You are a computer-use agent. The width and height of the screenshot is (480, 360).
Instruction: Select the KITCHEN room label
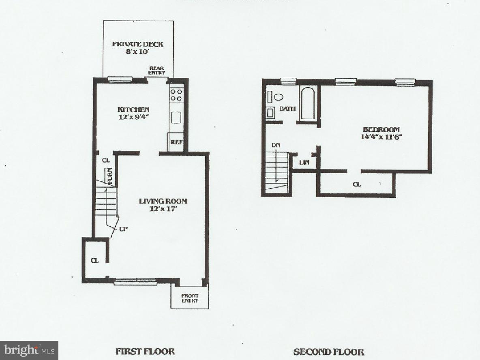point(133,109)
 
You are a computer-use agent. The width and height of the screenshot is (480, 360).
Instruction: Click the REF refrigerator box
point(176,142)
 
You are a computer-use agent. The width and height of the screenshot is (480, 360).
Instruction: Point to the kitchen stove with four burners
point(176,95)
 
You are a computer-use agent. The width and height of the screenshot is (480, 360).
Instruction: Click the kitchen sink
point(176,117)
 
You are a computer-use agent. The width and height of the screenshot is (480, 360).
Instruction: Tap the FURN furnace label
point(109,176)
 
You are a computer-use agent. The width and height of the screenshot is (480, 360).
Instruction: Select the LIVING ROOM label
point(163,201)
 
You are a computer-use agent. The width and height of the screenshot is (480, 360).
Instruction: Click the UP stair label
point(123,229)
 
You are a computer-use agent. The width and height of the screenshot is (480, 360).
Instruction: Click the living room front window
point(135,281)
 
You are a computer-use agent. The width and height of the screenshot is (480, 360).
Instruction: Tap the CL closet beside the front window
point(94,260)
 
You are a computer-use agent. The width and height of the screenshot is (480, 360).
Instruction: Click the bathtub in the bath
point(308,103)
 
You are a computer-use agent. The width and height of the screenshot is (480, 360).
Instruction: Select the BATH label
point(287,109)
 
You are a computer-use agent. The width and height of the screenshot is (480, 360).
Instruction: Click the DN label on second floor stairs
point(275,144)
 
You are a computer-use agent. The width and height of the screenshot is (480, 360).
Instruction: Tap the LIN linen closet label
point(304,163)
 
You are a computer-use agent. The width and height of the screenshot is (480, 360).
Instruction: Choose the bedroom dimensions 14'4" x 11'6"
point(381,137)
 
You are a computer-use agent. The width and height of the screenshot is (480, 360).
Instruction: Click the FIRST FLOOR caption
point(145,351)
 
